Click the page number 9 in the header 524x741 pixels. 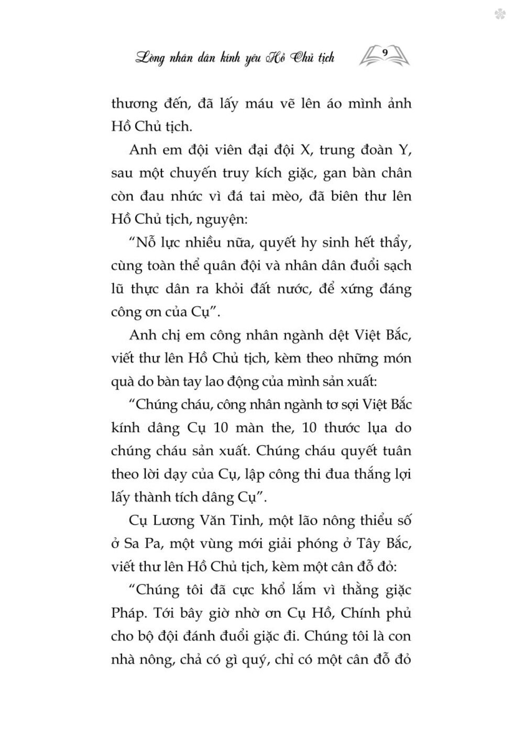click(385, 52)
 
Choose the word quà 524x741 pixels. click(124, 382)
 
